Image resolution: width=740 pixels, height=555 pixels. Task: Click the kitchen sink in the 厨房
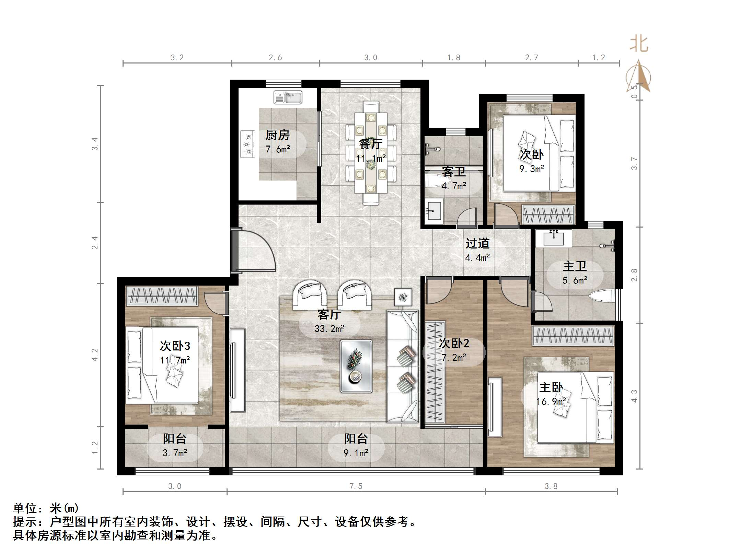click(x=288, y=97)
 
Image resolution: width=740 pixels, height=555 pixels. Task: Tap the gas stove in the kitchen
click(x=248, y=144)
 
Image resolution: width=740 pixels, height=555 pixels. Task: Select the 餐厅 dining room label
click(x=370, y=144)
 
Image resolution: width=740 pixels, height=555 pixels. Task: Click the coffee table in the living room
click(x=356, y=366)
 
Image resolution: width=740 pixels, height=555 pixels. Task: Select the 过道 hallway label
click(x=477, y=244)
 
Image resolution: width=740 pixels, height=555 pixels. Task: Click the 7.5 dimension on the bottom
click(x=356, y=486)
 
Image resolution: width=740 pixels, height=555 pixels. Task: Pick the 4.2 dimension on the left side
click(x=95, y=355)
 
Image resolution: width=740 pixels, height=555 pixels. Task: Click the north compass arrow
click(x=638, y=76)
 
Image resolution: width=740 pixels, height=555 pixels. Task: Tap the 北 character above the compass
click(x=639, y=44)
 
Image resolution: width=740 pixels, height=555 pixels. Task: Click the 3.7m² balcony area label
click(x=175, y=453)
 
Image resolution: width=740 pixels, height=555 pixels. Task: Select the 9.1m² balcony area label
click(x=356, y=453)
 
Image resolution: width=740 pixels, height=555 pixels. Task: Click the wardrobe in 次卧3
click(x=162, y=296)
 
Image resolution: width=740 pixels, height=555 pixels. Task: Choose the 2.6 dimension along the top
click(x=275, y=58)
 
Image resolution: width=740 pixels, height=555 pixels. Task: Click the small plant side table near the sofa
click(x=403, y=297)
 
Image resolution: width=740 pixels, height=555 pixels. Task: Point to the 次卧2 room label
click(x=454, y=343)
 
